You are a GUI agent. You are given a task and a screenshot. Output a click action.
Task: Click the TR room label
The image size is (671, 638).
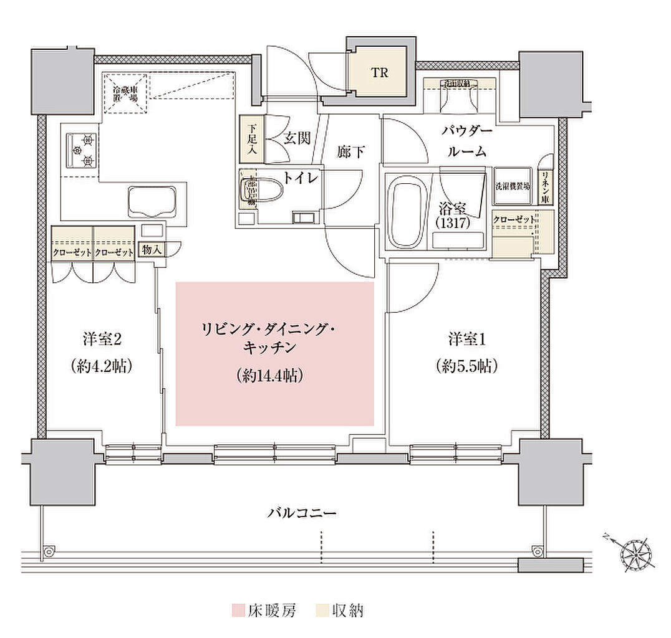pyautogui.click(x=380, y=73)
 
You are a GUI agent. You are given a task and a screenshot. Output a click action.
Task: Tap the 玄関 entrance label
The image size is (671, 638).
pyautogui.click(x=297, y=138)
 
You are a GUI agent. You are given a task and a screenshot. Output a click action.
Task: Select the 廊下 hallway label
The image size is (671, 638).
pyautogui.click(x=350, y=151)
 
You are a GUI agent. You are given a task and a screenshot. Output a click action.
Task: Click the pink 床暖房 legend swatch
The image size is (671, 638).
pyautogui.click(x=237, y=610)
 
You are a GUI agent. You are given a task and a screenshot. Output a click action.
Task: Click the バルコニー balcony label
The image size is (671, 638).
pyautogui.click(x=302, y=513)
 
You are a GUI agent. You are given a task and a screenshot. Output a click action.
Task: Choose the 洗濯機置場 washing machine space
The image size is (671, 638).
pyautogui.click(x=513, y=186)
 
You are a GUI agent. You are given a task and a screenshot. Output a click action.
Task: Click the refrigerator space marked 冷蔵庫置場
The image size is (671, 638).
pyautogui.click(x=125, y=95)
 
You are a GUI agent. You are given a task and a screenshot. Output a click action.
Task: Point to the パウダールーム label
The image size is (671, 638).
pyautogui.click(x=467, y=141)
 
